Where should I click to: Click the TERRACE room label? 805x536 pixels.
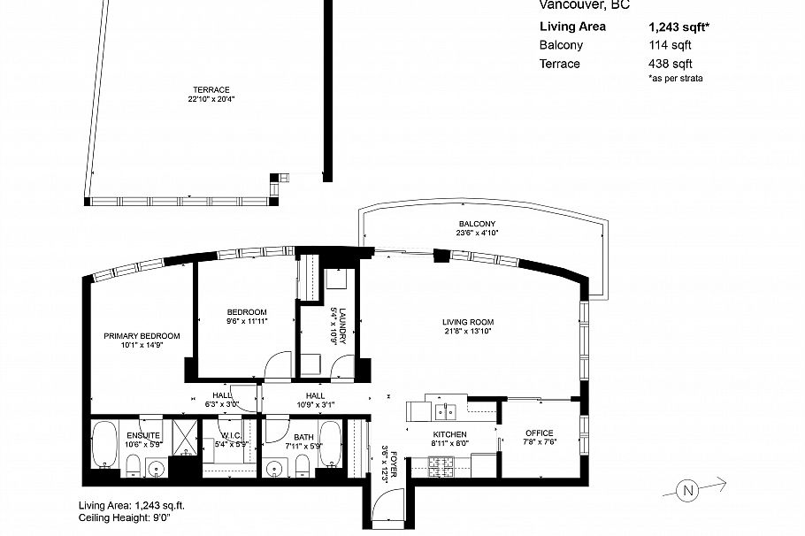pyautogui.click(x=211, y=90)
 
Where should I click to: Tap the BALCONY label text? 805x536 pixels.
pyautogui.click(x=477, y=224)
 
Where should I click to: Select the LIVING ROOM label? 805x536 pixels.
pyautogui.click(x=468, y=322)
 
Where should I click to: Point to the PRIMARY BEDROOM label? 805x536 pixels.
pyautogui.click(x=142, y=336)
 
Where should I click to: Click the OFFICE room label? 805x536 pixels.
pyautogui.click(x=539, y=433)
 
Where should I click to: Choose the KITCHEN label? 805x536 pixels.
pyautogui.click(x=449, y=433)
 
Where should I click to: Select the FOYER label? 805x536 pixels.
pyautogui.click(x=395, y=464)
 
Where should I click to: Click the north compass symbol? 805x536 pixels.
pyautogui.click(x=687, y=489)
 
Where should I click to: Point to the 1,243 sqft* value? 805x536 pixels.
pyautogui.click(x=679, y=27)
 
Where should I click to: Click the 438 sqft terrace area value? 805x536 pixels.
pyautogui.click(x=670, y=64)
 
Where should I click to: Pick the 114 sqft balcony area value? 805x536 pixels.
pyautogui.click(x=670, y=45)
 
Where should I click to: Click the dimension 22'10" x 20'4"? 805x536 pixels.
pyautogui.click(x=211, y=99)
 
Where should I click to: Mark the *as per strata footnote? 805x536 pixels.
pyautogui.click(x=675, y=79)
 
